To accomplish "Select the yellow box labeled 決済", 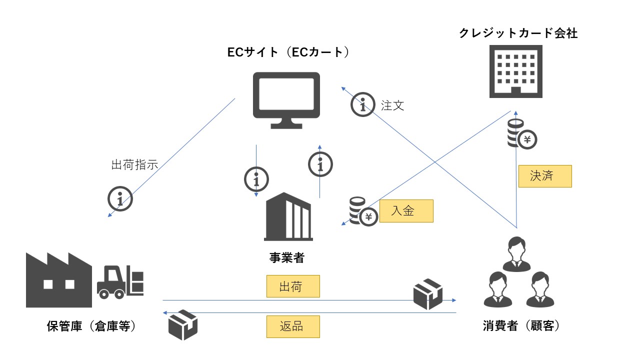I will pos(544,176).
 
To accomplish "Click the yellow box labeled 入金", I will pos(406,211).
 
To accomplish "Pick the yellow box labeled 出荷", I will pos(293,286).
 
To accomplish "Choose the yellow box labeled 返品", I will pos(293,326).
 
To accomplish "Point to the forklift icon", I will pos(120,282).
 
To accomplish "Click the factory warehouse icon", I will pos(58,280).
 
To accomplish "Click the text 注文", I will pos(392,105).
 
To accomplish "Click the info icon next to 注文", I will pos(362,104).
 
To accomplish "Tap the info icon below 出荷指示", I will pos(120,199).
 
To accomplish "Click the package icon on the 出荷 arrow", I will pos(428,294).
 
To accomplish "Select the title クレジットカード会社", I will pos(518,33).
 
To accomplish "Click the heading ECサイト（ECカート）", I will pos(287,52).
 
